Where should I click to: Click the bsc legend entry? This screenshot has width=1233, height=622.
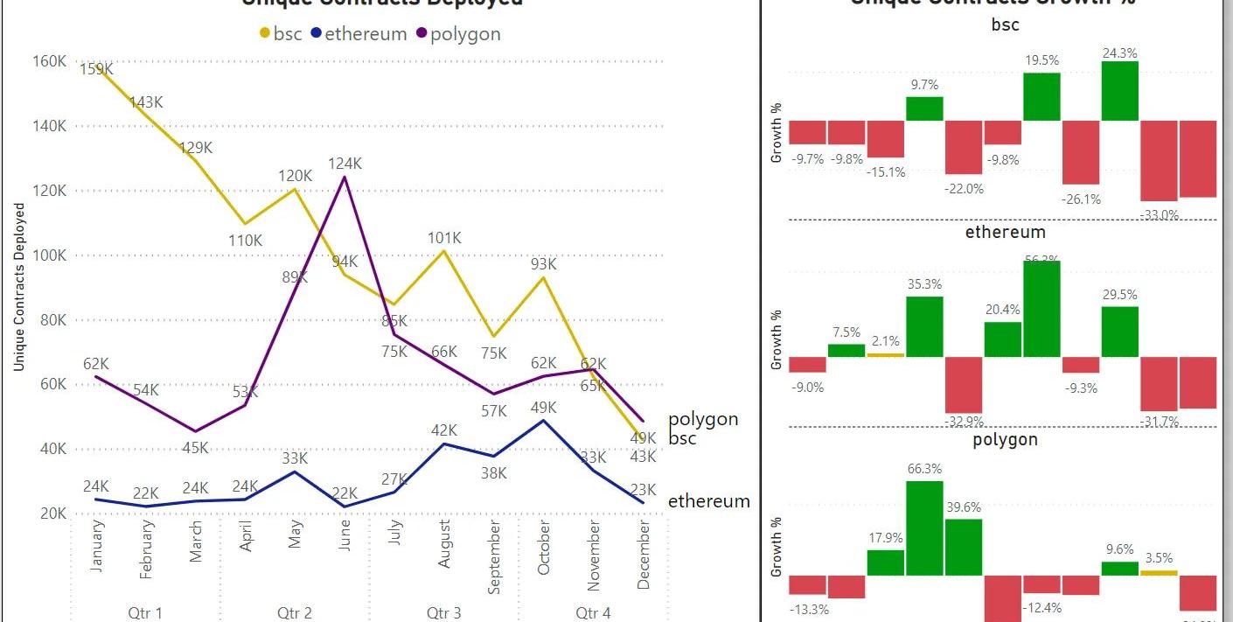click(281, 34)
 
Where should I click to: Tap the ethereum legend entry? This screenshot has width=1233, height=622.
click(359, 34)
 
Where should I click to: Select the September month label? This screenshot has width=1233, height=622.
click(494, 557)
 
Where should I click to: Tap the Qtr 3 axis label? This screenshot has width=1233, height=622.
click(444, 612)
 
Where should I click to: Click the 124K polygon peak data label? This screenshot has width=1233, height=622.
click(345, 164)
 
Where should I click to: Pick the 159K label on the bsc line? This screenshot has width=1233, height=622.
click(95, 69)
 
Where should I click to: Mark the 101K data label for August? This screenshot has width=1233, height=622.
click(444, 238)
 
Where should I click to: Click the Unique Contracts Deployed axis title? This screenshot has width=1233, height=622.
click(19, 287)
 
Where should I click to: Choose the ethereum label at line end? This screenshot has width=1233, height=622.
click(708, 501)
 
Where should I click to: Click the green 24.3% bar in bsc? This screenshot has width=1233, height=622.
click(1120, 91)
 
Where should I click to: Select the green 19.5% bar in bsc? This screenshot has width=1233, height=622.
click(1041, 96)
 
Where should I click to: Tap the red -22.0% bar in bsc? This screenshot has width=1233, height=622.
click(964, 147)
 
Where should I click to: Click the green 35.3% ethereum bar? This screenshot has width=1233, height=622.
click(924, 326)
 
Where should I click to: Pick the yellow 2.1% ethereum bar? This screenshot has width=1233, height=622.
click(885, 354)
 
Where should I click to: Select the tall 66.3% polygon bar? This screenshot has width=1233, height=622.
click(924, 528)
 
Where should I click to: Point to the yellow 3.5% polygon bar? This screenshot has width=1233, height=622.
click(1159, 573)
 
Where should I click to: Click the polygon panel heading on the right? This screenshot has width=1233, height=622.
click(1005, 439)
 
